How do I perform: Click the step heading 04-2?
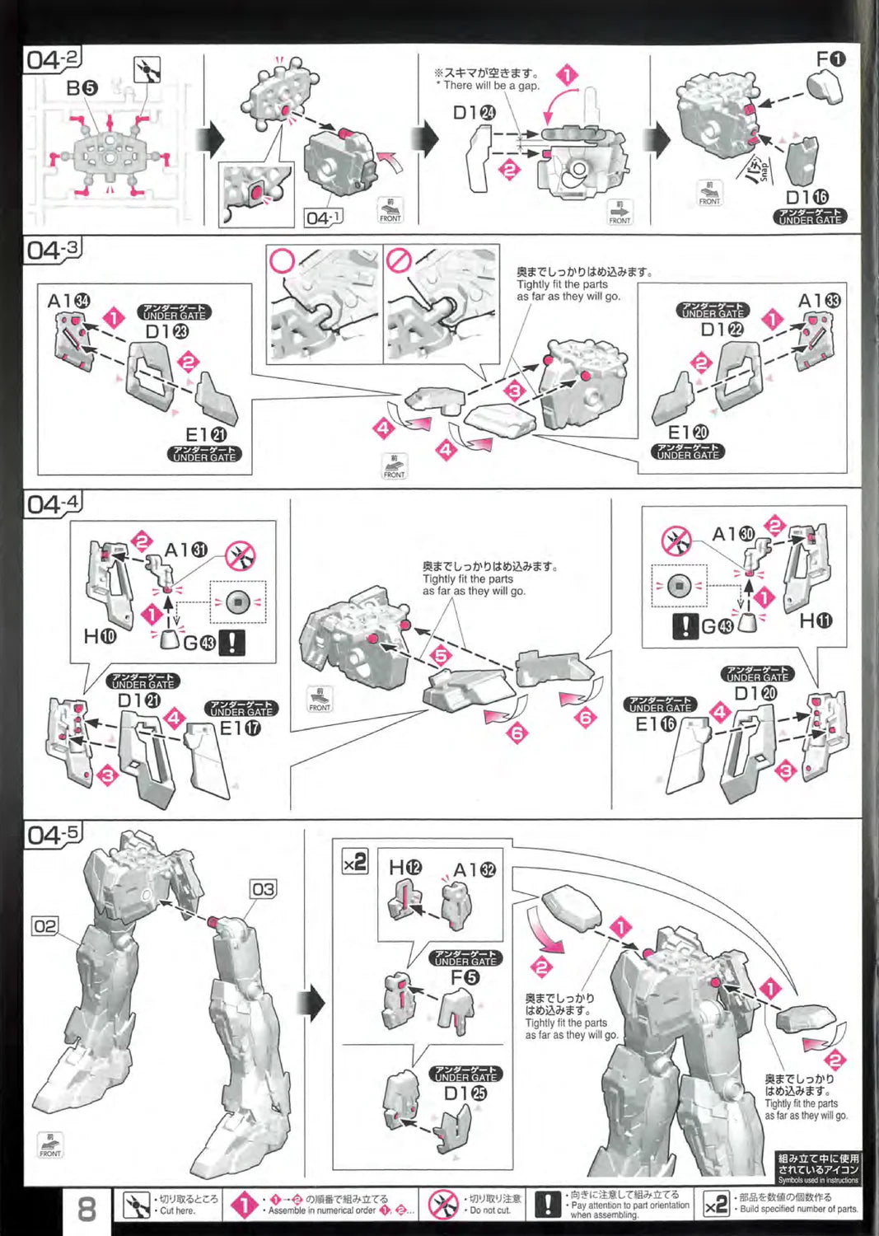[x=54, y=59]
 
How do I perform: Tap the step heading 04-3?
[x=54, y=250]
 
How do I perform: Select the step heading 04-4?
[x=54, y=503]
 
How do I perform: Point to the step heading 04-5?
[x=54, y=835]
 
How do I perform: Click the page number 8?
[x=86, y=1210]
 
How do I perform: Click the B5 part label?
[x=82, y=87]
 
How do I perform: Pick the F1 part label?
[x=830, y=59]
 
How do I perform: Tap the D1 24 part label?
[x=475, y=113]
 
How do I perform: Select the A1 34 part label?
[x=68, y=302]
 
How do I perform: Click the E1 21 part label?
[x=206, y=435]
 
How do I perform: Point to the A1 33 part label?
[x=819, y=301]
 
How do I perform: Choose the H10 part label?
[x=100, y=636]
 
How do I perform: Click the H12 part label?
[x=404, y=868]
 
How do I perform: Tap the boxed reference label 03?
[x=263, y=889]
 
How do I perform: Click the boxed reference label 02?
[x=44, y=926]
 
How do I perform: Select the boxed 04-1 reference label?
[x=323, y=218]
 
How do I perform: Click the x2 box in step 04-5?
[x=355, y=863]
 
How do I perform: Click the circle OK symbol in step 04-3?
[x=283, y=261]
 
